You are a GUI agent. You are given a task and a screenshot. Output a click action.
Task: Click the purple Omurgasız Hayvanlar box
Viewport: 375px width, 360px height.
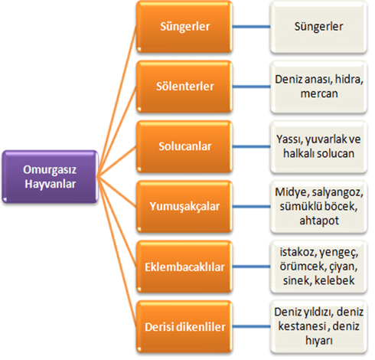pyautogui.click(x=50, y=177)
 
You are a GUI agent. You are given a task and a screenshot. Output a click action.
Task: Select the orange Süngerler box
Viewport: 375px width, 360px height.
pyautogui.click(x=184, y=27)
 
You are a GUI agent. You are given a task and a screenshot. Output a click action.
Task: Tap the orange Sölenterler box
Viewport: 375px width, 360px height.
pyautogui.click(x=184, y=87)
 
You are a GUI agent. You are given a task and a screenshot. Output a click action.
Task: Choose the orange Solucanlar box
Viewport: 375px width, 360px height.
pyautogui.click(x=184, y=146)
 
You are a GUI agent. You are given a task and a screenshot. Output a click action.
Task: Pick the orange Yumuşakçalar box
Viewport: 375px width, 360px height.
pyautogui.click(x=184, y=207)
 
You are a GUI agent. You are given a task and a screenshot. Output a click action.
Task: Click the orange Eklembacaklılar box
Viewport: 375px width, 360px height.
pyautogui.click(x=184, y=267)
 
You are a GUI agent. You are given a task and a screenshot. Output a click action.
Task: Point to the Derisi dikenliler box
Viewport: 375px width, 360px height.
pyautogui.click(x=184, y=327)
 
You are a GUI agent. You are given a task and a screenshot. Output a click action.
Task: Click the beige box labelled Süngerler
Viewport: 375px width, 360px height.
pyautogui.click(x=318, y=27)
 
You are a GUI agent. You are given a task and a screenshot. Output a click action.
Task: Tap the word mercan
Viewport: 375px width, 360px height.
pyautogui.click(x=319, y=93)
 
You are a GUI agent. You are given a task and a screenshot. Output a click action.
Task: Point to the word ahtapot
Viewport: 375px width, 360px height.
pyautogui.click(x=319, y=221)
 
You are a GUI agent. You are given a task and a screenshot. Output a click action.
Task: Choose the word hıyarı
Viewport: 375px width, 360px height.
pyautogui.click(x=319, y=341)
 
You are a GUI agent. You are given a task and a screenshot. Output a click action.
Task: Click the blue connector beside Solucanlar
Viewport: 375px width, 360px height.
pyautogui.click(x=251, y=146)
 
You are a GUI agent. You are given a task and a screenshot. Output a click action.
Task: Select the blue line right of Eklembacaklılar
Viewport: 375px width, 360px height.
pyautogui.click(x=251, y=267)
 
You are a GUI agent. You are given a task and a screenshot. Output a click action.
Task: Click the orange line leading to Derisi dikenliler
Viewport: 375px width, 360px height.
pyautogui.click(x=117, y=251)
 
